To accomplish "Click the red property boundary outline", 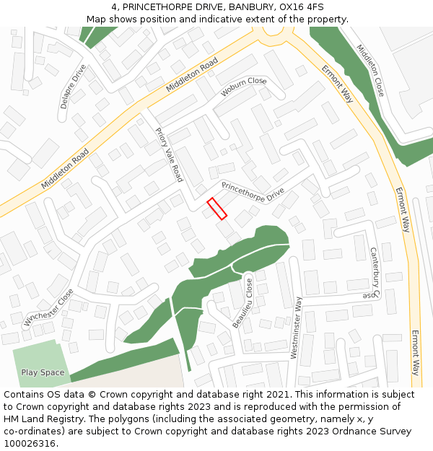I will pos(217,208).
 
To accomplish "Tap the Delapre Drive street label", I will pos(73,86).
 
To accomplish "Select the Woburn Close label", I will pos(244,87).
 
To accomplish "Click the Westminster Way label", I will pos(296,327).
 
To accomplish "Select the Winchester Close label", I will pos(48,307).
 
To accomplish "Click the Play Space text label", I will pos(43,373).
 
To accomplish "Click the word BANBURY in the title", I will pos(252,7).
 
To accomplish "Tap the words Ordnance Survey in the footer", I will pos(375,432).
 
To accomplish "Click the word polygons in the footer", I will pos(125,419).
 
